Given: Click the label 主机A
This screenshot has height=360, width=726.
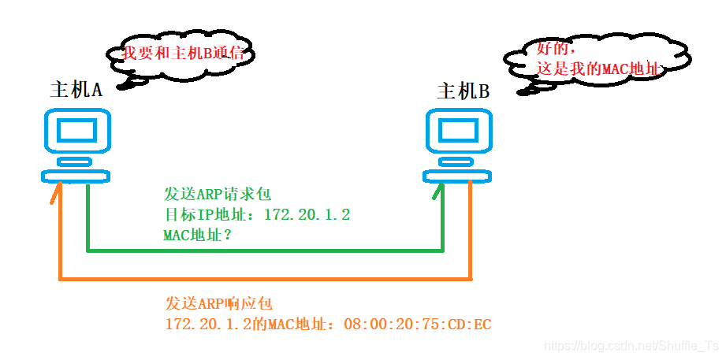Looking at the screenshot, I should point(76,89).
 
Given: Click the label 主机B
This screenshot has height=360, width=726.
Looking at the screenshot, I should point(464,91).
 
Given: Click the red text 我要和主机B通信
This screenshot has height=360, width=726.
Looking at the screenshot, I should point(190,54).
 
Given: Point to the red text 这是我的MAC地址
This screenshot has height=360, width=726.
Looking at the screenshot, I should point(597,69).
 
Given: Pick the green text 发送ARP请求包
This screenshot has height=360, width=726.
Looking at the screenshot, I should point(218,194).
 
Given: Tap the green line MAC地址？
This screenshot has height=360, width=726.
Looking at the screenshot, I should point(197,235).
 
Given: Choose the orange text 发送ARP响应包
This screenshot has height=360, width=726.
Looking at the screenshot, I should point(218,304).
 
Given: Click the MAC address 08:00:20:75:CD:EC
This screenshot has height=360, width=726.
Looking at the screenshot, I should point(418,325).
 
